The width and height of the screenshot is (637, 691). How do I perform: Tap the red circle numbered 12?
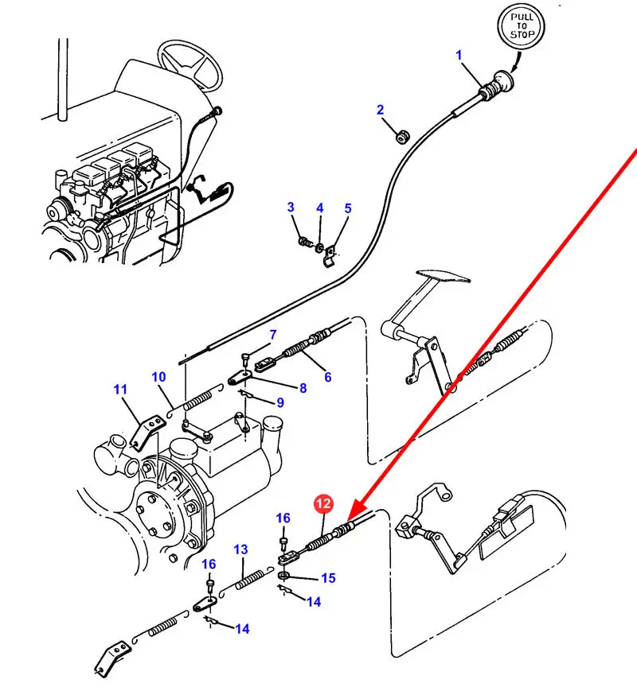pyautogui.click(x=323, y=503)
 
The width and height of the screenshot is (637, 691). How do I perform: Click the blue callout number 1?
pyautogui.click(x=459, y=55)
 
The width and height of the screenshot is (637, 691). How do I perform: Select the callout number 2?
pyautogui.click(x=380, y=110)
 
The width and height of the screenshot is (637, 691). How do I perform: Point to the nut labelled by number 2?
pyautogui.click(x=403, y=138)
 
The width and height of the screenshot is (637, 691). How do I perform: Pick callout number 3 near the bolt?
pyautogui.click(x=291, y=208)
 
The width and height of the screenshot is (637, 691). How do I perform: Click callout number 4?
pyautogui.click(x=319, y=208)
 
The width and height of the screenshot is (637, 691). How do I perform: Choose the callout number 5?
pyautogui.click(x=347, y=208)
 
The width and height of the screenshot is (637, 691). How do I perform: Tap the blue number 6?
pyautogui.click(x=328, y=377)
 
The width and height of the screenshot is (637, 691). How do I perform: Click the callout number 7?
pyautogui.click(x=272, y=335)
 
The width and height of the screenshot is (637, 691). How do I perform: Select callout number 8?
pyautogui.click(x=303, y=388)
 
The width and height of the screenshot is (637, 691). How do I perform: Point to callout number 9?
pyautogui.click(x=280, y=402)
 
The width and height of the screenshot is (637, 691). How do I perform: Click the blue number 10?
pyautogui.click(x=158, y=376)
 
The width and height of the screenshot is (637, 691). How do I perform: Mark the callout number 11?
pyautogui.click(x=120, y=390)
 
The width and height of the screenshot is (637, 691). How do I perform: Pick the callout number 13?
pyautogui.click(x=240, y=549)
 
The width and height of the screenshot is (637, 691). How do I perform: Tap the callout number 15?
pyautogui.click(x=328, y=578)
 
